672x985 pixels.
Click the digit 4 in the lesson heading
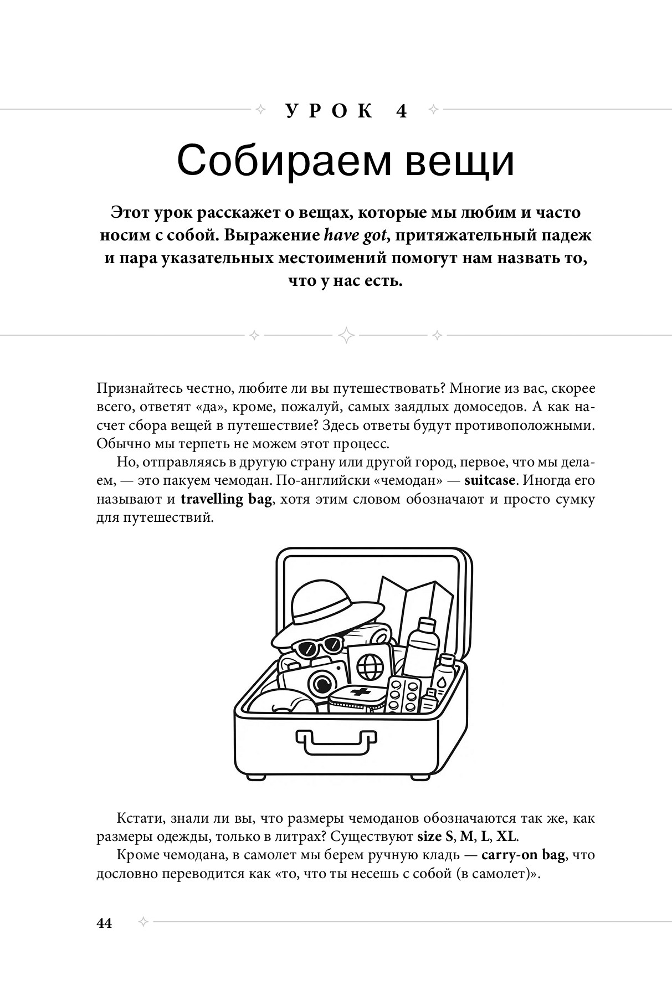tap(402, 111)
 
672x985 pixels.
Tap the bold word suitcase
tap(489, 480)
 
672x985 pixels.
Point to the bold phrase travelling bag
tap(226, 499)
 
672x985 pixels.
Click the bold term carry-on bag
tap(523, 854)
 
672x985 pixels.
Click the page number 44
tap(104, 924)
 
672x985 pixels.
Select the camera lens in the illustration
tap(318, 681)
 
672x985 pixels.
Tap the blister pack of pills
tap(403, 693)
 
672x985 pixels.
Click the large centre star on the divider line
tap(346, 335)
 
